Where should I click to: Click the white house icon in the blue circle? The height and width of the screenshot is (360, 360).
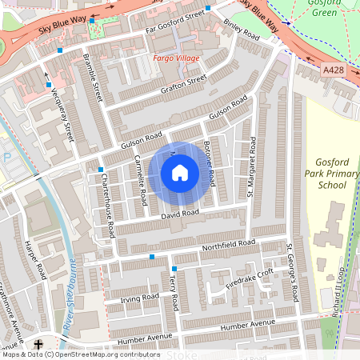pyautogui.click(x=180, y=172)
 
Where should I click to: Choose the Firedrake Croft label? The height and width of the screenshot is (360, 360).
pyautogui.click(x=250, y=277)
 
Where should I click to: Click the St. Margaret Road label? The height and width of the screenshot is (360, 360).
pyautogui.click(x=252, y=166)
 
